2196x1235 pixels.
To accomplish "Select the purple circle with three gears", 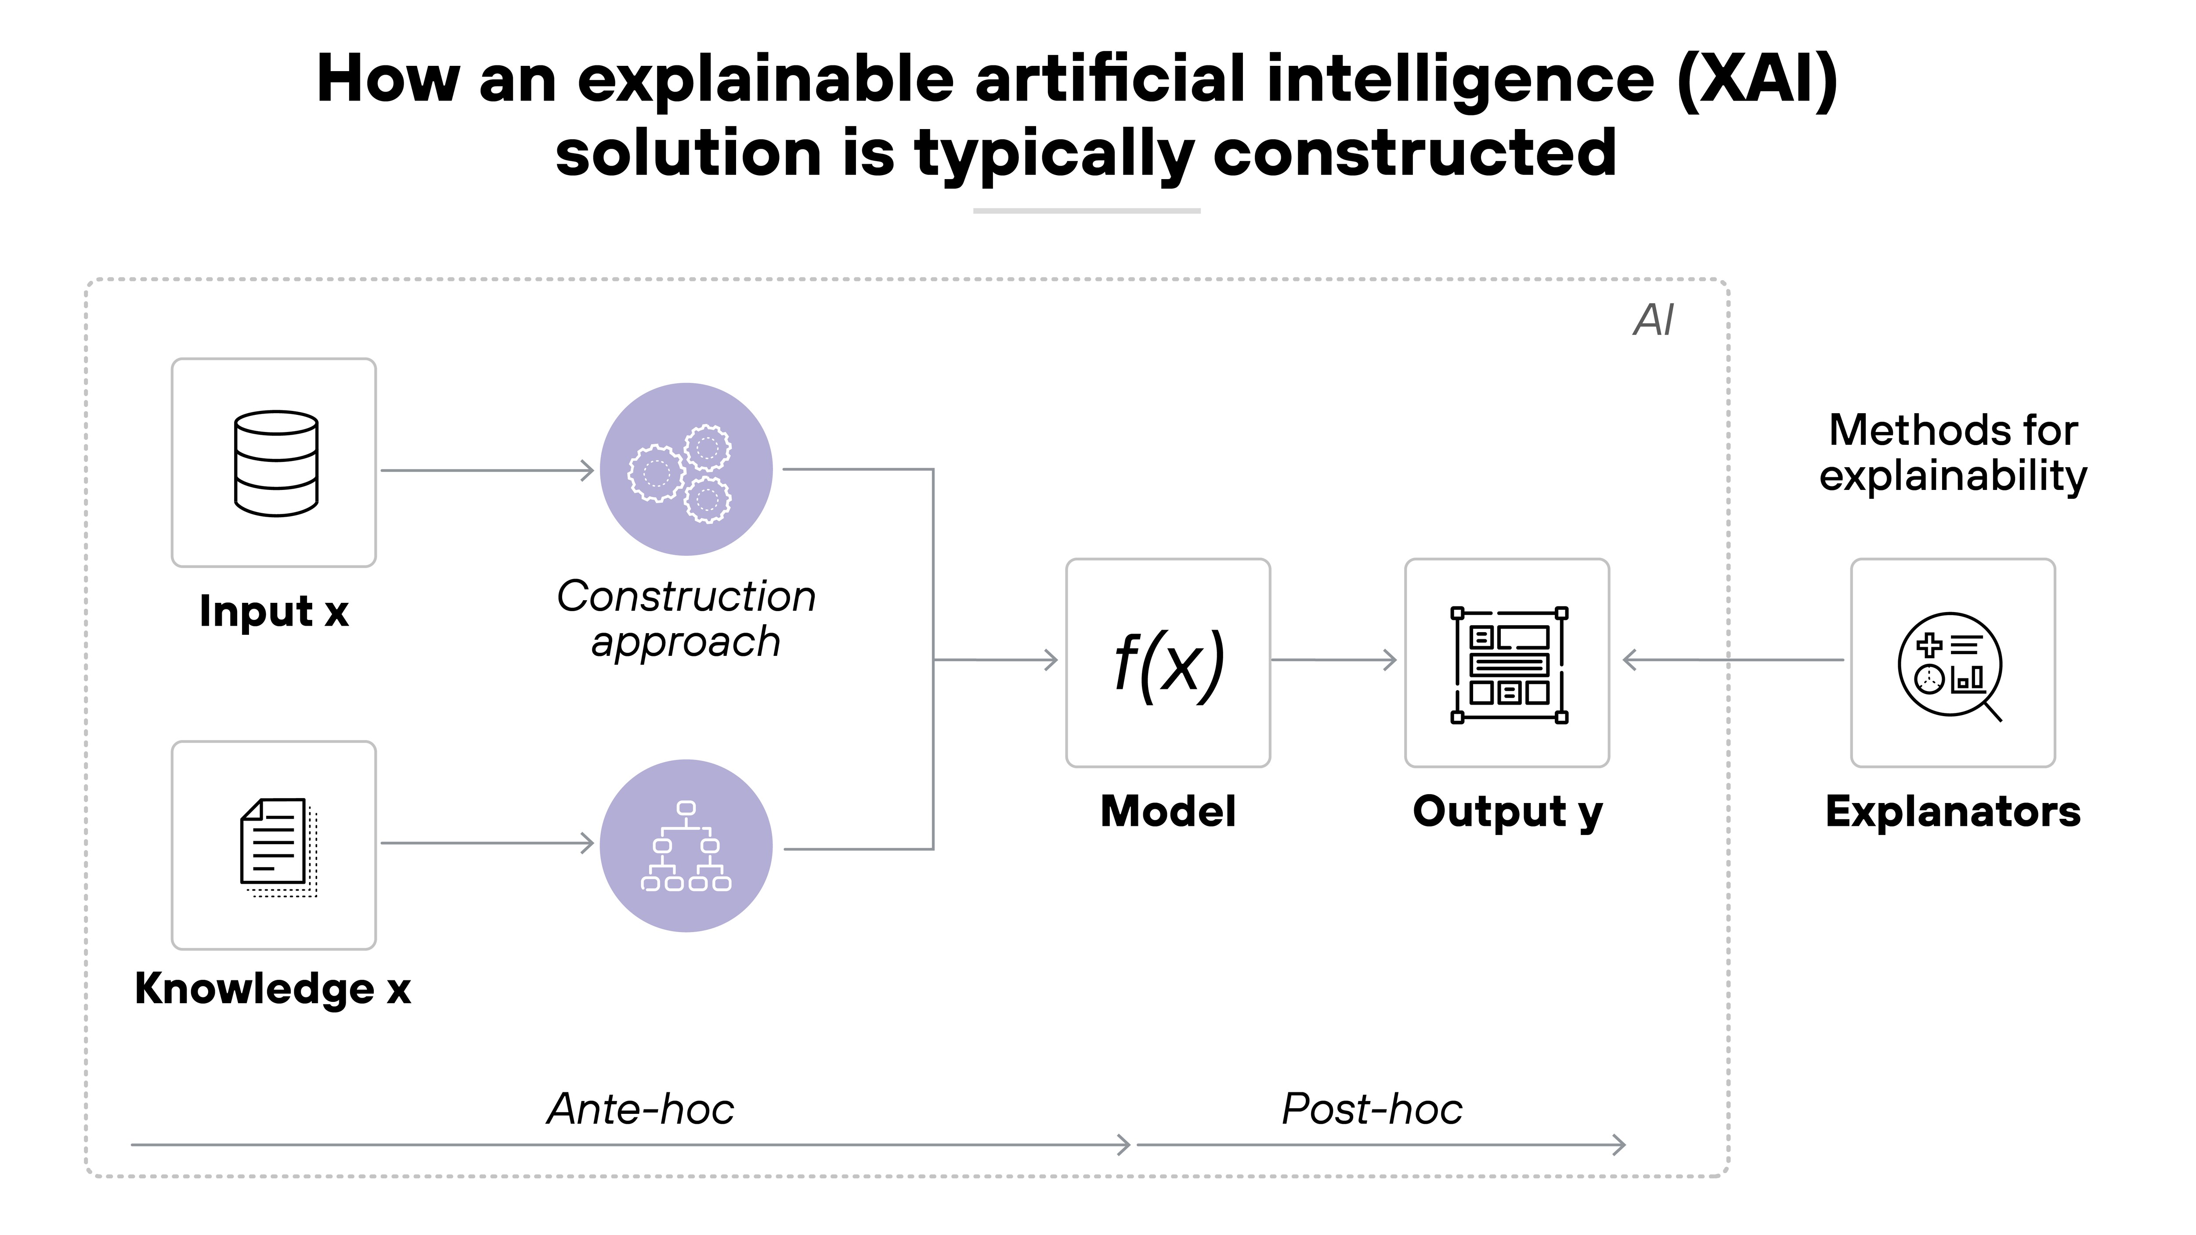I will point(686,470).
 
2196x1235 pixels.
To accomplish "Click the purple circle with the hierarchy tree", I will point(686,846).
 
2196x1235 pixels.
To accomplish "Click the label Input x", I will point(274,611).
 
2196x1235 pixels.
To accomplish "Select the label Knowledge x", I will point(273,989).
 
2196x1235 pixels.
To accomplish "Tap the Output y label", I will point(1507,811).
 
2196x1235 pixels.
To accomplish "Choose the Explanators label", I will point(1952,811).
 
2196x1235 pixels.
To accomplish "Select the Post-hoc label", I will point(1372,1109).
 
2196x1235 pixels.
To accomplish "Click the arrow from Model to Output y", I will point(1334,660).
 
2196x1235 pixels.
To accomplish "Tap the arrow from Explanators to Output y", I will point(1730,660).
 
